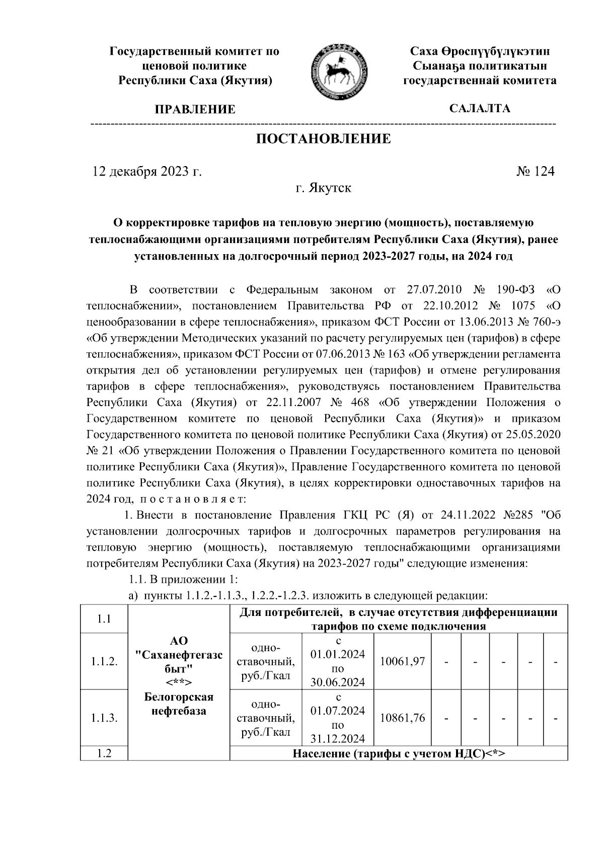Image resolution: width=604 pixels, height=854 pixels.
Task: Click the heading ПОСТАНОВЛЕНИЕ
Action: click(324, 139)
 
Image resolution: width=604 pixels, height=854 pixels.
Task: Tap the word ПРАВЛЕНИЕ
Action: click(195, 110)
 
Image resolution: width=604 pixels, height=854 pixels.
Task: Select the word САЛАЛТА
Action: click(479, 109)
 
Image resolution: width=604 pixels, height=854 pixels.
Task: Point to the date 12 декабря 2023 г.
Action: click(147, 172)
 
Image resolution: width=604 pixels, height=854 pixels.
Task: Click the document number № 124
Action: click(535, 172)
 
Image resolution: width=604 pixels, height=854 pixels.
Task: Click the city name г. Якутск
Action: click(323, 189)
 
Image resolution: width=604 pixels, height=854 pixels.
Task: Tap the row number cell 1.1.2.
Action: click(104, 661)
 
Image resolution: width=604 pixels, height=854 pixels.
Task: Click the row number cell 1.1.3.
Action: click(104, 718)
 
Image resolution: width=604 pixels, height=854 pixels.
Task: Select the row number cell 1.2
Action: click(104, 753)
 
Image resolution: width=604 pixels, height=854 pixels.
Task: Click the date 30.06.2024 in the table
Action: click(338, 682)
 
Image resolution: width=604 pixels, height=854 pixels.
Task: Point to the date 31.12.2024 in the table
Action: click(338, 739)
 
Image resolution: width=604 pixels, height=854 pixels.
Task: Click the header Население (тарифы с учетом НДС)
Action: click(398, 753)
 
